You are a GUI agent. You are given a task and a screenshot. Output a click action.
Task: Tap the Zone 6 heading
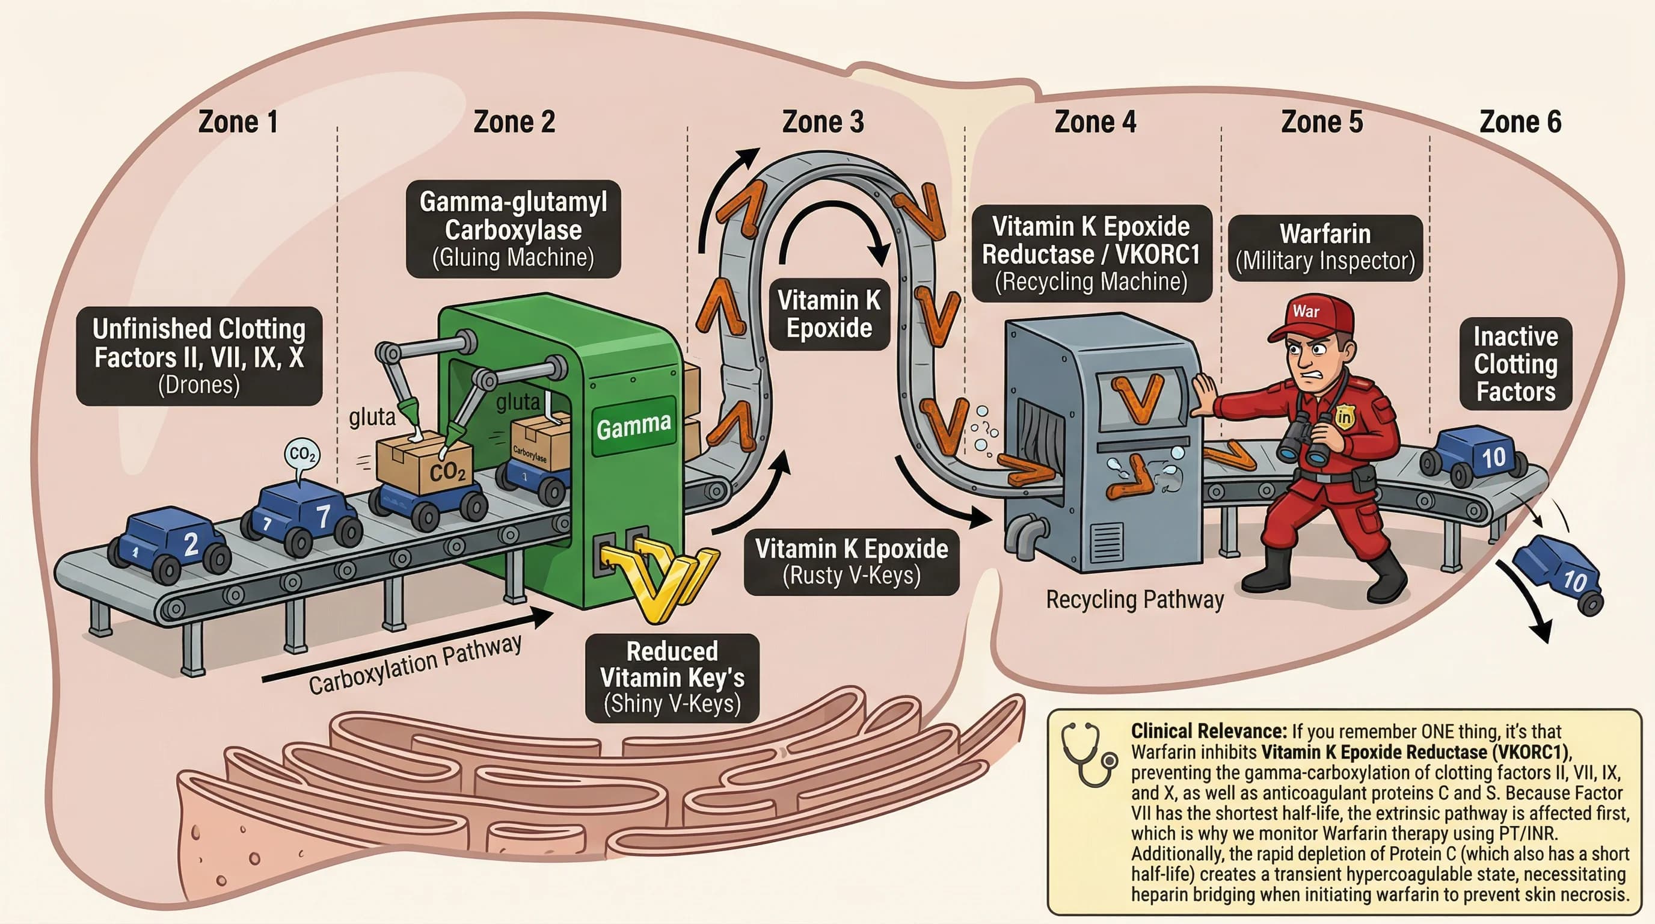[x=1520, y=122]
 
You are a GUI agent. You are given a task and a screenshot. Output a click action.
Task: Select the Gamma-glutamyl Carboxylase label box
[x=514, y=229]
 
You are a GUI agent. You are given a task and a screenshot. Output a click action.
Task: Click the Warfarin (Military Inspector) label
[x=1325, y=247]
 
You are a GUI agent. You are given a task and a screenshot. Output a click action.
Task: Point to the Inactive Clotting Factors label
[x=1515, y=364]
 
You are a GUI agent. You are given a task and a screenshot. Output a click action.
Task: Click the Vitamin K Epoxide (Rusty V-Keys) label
[x=852, y=562]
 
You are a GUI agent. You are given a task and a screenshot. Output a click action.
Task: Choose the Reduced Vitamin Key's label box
[x=672, y=677]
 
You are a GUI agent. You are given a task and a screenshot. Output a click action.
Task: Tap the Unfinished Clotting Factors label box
[x=198, y=356]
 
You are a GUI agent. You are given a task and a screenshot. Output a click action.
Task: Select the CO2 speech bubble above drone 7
[x=302, y=455]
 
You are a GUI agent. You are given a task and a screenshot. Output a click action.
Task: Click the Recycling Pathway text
[x=1135, y=600]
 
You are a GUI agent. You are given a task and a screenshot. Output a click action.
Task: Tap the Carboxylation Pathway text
[x=415, y=664]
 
